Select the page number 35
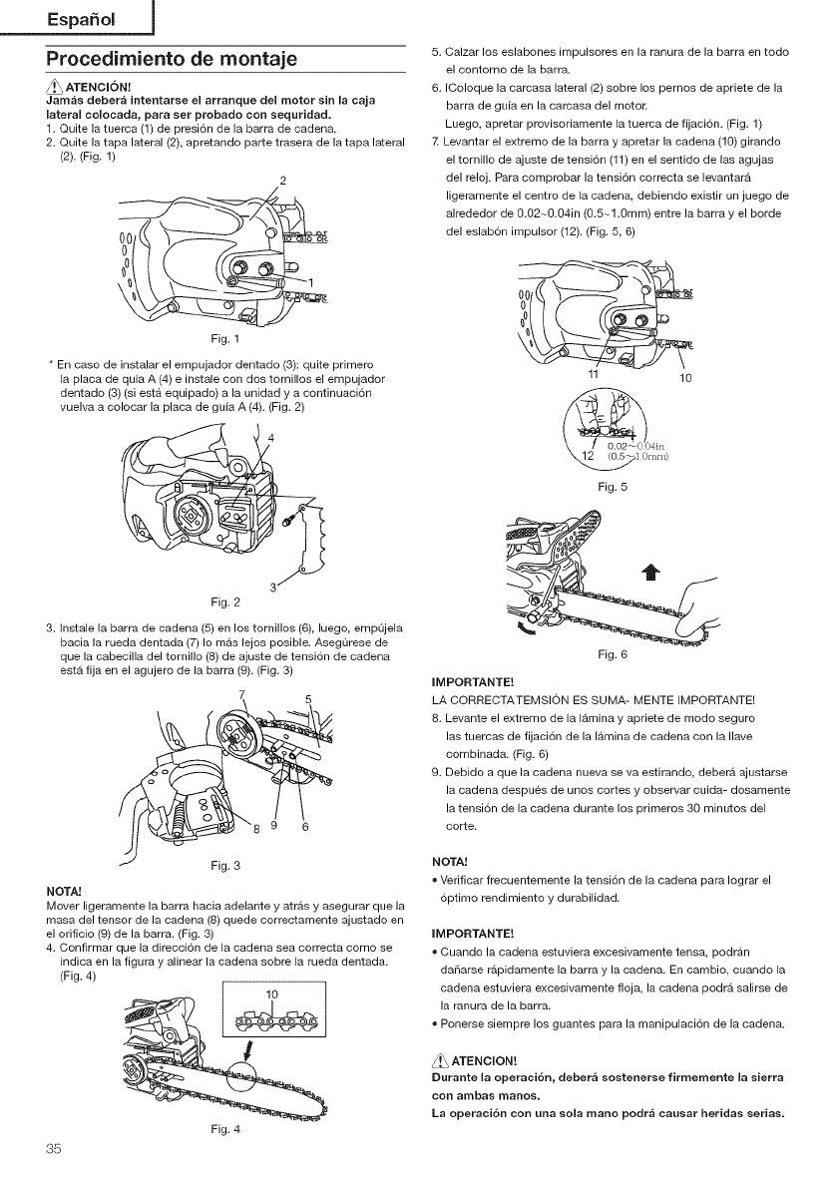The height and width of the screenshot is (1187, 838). point(53,1147)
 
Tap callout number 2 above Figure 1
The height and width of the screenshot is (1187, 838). point(283,180)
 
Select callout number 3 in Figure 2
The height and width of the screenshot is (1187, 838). point(272,585)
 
